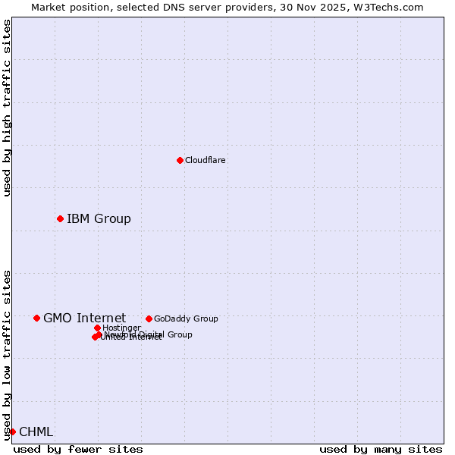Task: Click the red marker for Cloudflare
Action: tap(180, 160)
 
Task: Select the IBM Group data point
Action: tap(60, 218)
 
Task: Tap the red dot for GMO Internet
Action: tap(36, 318)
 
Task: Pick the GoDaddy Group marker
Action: tap(149, 318)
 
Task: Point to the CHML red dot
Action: tap(12, 431)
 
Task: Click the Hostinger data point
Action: tap(97, 328)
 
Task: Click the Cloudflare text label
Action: tap(206, 160)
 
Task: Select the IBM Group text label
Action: tap(99, 219)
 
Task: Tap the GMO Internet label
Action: tap(84, 318)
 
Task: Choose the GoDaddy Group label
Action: tap(186, 318)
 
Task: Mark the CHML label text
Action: tap(36, 432)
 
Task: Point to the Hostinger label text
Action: tap(121, 328)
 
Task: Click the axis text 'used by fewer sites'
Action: tap(78, 450)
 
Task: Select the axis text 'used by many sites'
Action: tap(381, 450)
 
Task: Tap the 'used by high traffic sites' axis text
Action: tap(8, 108)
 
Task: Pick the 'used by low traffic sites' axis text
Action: tap(8, 355)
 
